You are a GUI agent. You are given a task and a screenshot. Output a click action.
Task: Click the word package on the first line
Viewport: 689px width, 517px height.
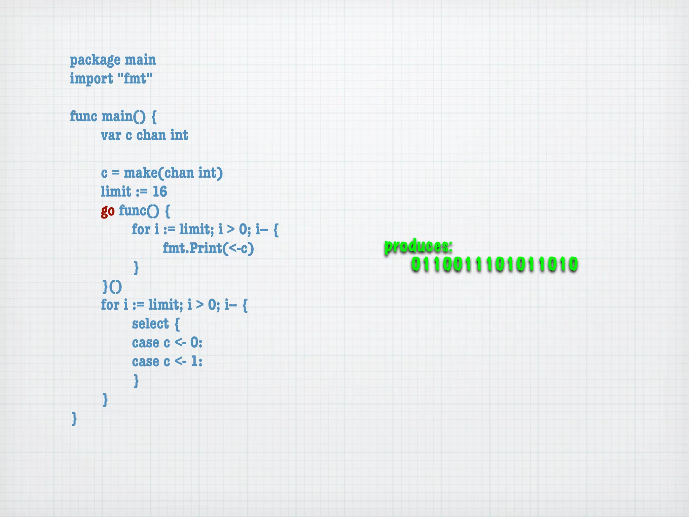95,60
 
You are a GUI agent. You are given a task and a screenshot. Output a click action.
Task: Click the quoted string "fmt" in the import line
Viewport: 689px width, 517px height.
135,78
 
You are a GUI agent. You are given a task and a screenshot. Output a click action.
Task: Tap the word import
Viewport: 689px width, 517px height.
91,79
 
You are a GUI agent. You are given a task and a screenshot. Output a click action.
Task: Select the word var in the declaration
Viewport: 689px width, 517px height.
111,135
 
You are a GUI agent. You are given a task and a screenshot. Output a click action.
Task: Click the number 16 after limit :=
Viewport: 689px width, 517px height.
160,192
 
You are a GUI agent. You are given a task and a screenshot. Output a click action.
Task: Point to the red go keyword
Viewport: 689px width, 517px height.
108,211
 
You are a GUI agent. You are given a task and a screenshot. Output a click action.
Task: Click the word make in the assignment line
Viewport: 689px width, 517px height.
140,173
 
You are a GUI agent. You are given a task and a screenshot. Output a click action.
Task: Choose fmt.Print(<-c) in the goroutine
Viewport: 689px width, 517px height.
208,248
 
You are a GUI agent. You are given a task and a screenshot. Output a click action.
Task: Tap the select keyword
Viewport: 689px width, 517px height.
150,324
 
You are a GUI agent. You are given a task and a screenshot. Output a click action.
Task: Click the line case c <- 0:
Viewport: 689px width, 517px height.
167,343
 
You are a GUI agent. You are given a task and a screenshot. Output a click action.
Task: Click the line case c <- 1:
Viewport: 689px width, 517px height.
167,361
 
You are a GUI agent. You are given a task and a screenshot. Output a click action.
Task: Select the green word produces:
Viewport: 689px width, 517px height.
418,246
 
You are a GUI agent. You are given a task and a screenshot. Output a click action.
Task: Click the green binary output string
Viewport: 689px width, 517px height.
494,264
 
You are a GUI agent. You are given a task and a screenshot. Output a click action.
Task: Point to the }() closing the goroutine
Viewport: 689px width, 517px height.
112,286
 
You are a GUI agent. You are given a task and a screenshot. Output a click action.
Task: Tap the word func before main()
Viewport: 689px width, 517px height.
83,116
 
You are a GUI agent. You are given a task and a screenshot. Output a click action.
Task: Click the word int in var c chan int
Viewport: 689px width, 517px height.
179,135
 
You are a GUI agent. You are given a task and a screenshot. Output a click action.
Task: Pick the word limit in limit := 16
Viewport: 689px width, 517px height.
116,192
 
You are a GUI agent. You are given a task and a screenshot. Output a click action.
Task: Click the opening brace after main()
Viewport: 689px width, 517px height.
154,116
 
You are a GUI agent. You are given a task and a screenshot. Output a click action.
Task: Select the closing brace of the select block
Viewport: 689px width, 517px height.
136,381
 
